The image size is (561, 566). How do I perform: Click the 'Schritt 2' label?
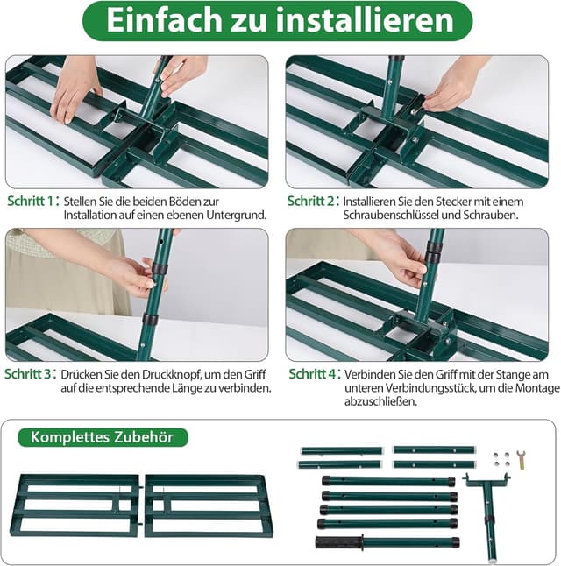point(311,201)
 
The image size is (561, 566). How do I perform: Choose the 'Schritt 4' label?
point(311,374)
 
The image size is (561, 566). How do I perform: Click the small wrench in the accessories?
point(521,457)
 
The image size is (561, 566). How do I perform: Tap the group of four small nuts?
point(501,458)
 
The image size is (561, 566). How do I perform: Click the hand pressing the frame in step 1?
point(74,88)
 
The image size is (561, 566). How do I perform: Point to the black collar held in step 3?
point(158,269)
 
